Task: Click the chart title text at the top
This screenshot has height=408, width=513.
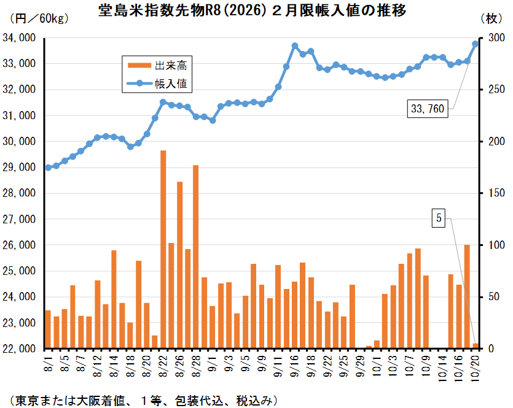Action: (x=252, y=11)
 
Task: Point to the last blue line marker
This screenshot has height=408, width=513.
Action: (x=475, y=44)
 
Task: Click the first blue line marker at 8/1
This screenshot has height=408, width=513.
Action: (x=48, y=167)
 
